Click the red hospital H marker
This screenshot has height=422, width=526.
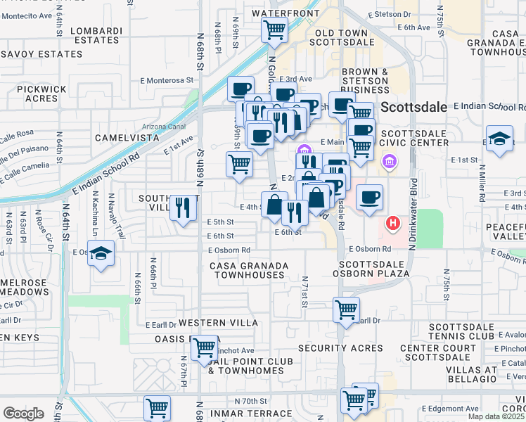[393, 224]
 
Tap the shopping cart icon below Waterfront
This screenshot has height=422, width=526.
[274, 30]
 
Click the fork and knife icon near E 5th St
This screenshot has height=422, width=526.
[183, 207]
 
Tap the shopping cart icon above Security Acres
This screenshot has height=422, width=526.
[346, 309]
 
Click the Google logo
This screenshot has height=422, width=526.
[23, 414]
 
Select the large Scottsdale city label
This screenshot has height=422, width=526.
[414, 107]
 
